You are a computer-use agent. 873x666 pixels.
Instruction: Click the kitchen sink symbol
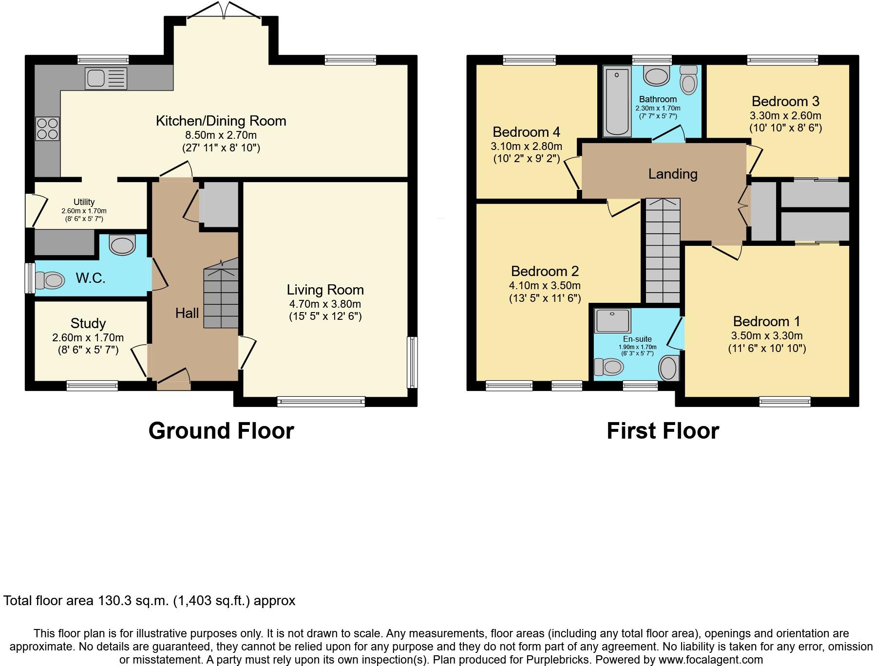pyautogui.click(x=106, y=78)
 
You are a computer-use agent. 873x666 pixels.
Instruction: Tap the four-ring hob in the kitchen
pyautogui.click(x=47, y=129)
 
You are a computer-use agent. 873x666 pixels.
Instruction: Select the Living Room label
pyautogui.click(x=325, y=290)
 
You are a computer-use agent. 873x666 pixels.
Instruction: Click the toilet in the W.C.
pyautogui.click(x=52, y=280)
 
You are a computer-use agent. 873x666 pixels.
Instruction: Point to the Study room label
pyautogui.click(x=88, y=323)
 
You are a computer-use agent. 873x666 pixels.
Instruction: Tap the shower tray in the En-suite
pyautogui.click(x=612, y=321)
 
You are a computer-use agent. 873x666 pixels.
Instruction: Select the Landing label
pyautogui.click(x=672, y=174)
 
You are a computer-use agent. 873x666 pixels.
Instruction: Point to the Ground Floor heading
pyautogui.click(x=221, y=431)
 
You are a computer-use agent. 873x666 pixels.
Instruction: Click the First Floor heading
pyautogui.click(x=663, y=431)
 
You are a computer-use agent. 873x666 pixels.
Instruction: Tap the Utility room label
pyautogui.click(x=84, y=202)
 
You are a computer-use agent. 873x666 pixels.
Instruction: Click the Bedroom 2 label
pyautogui.click(x=544, y=271)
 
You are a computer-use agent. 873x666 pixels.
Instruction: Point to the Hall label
pyautogui.click(x=187, y=313)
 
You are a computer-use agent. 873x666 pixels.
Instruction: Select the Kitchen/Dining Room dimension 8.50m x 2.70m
pyautogui.click(x=221, y=135)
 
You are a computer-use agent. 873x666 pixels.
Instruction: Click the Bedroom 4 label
pyautogui.click(x=526, y=132)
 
